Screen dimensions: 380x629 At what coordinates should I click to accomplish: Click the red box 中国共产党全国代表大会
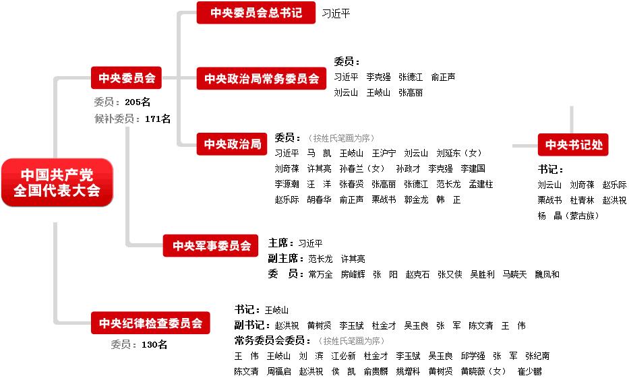coord(57,183)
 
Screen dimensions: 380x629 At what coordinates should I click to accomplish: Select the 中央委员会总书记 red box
coord(256,13)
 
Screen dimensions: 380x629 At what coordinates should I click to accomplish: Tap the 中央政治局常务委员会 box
coord(262,79)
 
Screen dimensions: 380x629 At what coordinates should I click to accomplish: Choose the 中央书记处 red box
coord(574,144)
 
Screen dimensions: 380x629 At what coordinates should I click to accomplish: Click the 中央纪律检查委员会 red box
coord(150,323)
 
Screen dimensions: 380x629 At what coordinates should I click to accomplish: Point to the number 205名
coord(138,102)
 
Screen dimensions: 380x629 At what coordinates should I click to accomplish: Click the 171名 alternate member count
coord(158,119)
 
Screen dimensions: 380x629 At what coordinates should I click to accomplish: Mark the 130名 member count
coord(154,345)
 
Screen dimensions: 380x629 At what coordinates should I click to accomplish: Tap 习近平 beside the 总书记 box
coord(336,13)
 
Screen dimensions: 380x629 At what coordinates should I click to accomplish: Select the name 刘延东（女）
coord(459,153)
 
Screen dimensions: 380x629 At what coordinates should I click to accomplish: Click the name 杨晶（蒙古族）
coord(568,216)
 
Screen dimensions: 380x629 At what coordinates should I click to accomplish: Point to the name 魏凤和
coord(547,274)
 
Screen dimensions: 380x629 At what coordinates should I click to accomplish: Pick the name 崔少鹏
coord(529,371)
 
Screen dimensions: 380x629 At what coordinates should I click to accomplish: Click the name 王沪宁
coord(384,153)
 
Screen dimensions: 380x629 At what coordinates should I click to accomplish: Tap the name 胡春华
coord(319,199)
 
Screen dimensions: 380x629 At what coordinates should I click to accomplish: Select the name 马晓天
coord(514,274)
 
